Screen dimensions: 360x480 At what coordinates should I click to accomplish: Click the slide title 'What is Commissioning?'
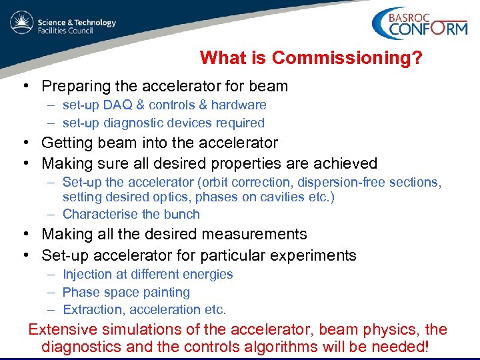(x=310, y=58)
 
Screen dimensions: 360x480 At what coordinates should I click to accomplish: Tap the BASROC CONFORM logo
(x=421, y=25)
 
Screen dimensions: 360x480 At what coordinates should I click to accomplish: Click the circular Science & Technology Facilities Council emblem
(x=22, y=23)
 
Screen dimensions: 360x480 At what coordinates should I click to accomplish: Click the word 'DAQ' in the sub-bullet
(x=117, y=105)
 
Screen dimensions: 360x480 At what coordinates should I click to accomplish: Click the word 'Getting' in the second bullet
(x=67, y=143)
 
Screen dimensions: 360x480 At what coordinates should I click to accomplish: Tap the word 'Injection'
(x=87, y=274)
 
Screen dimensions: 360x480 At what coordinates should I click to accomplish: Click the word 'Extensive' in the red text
(x=62, y=329)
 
